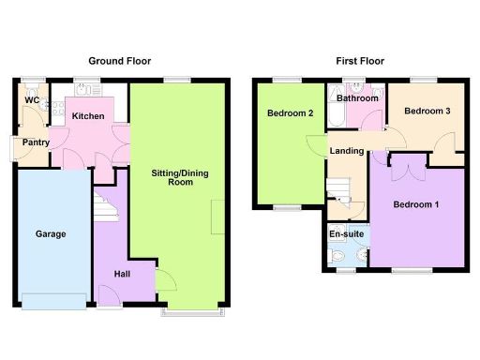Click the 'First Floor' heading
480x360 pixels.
click(360, 61)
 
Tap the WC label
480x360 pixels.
click(32, 99)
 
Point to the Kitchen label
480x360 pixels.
click(88, 115)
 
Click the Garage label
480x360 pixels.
click(51, 233)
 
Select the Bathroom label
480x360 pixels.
click(357, 97)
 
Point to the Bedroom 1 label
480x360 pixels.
click(415, 203)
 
